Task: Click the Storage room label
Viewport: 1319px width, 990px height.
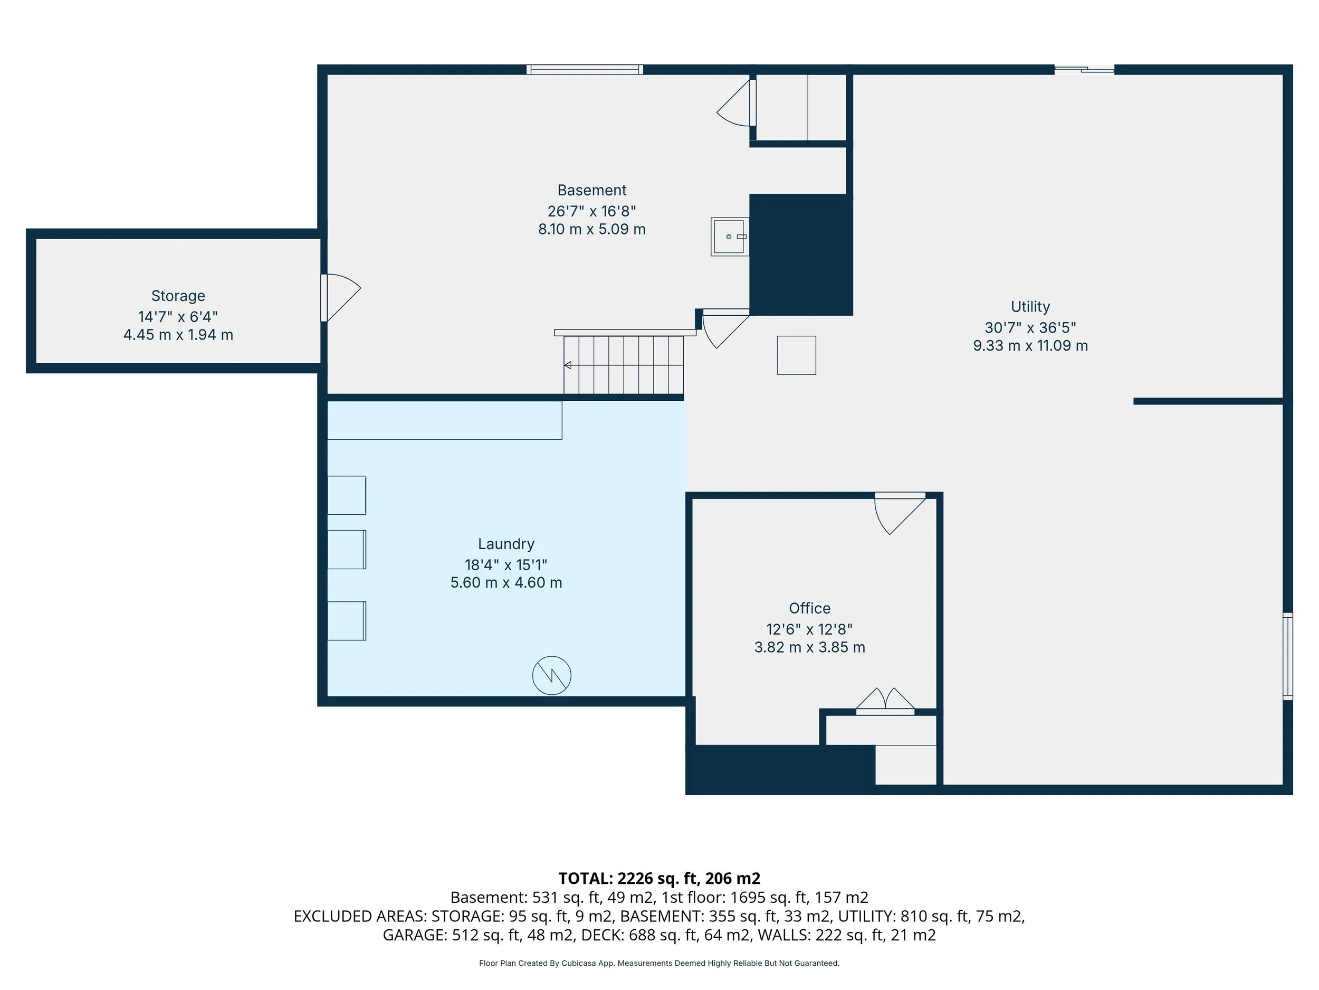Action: click(x=178, y=296)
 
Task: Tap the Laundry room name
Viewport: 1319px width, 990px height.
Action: click(x=506, y=544)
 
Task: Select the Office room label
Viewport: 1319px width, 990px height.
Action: click(x=809, y=608)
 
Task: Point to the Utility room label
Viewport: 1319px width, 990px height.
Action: click(x=1030, y=307)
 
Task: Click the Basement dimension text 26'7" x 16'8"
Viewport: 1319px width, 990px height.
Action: click(x=591, y=211)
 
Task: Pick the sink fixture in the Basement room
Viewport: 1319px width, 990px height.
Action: click(x=730, y=237)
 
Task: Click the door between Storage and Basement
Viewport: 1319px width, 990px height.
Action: click(x=340, y=298)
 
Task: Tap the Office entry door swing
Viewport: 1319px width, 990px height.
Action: click(x=900, y=513)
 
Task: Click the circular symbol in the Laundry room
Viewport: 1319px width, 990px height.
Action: click(x=551, y=675)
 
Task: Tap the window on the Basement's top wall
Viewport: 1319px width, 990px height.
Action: click(x=585, y=70)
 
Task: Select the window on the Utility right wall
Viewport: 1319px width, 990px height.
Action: click(x=1288, y=656)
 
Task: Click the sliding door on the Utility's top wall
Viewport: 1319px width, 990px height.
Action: click(x=1084, y=70)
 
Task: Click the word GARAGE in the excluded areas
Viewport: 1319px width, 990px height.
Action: click(x=414, y=935)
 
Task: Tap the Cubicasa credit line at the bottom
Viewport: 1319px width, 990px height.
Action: click(x=659, y=963)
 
